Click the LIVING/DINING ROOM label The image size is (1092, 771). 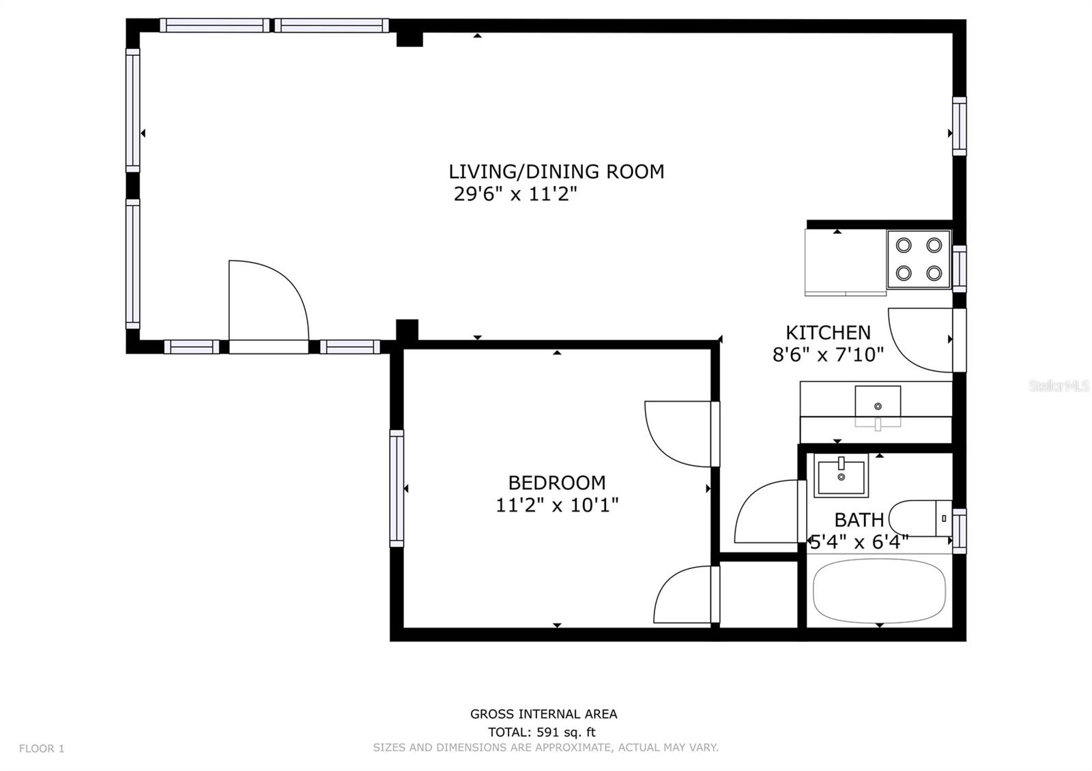tap(556, 171)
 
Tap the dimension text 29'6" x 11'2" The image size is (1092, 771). tap(515, 194)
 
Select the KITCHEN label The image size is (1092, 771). tap(828, 332)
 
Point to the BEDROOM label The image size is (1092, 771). tap(557, 482)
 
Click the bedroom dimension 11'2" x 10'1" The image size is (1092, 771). tap(557, 506)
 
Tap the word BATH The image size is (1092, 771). tap(859, 520)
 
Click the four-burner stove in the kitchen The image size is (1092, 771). tap(919, 259)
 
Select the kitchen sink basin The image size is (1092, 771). tap(878, 402)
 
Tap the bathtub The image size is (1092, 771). tap(879, 591)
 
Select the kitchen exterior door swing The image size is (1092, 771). tap(918, 338)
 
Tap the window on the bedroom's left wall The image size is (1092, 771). tap(397, 488)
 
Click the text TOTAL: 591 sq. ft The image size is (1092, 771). tap(542, 732)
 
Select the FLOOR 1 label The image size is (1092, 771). tap(42, 748)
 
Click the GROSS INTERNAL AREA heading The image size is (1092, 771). tap(543, 714)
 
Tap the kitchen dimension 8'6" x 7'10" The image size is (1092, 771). tap(828, 355)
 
